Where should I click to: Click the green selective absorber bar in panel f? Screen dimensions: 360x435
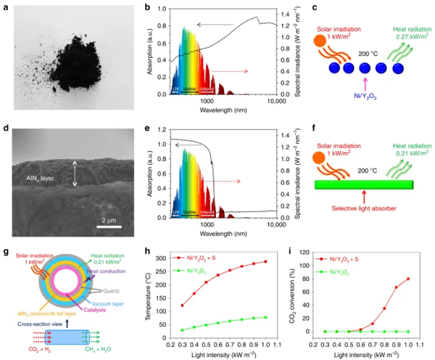coord(364,185)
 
